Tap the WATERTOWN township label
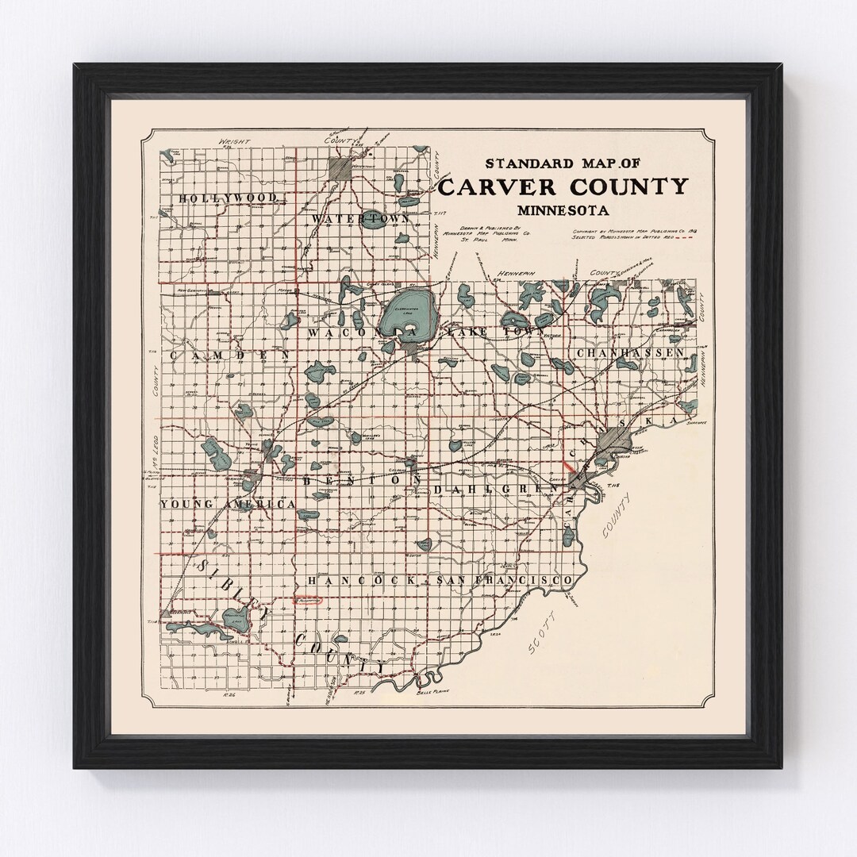coord(360,217)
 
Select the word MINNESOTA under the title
coord(563,211)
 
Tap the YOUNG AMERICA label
coord(228,505)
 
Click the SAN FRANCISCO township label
coord(505,582)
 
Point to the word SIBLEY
coord(225,586)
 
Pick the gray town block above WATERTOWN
coord(340,168)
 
